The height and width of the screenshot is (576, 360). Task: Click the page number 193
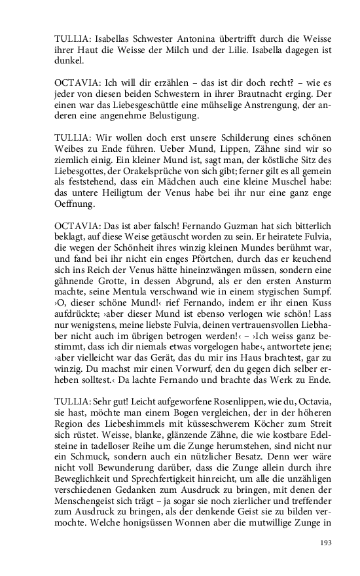[x=325, y=543]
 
